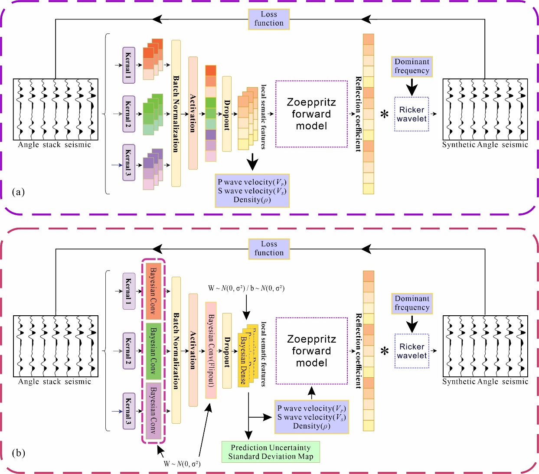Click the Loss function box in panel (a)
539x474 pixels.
pos(269,19)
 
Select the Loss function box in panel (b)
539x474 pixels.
pos(269,249)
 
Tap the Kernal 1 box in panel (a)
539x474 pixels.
pos(129,65)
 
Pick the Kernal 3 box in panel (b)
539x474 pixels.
pos(129,411)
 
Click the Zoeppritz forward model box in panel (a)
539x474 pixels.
pos(311,114)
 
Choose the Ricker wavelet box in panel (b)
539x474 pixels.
pos(412,351)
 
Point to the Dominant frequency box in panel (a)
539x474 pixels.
pos(412,66)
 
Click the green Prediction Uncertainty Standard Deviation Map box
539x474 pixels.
pos(271,452)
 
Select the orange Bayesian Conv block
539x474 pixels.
pos(154,291)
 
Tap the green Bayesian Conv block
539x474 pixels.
pos(154,351)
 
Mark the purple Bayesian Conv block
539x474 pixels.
pos(154,410)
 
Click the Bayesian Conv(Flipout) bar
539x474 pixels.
pos(211,350)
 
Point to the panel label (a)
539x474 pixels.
pos(19,192)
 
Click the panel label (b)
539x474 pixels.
pos(19,453)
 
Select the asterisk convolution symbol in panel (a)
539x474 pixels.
pos(384,115)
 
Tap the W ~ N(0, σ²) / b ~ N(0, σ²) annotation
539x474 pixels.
pos(246,288)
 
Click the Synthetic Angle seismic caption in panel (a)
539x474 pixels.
pos(485,145)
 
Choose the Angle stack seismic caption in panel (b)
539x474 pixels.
pos(55,382)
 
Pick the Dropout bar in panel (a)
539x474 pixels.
pos(227,114)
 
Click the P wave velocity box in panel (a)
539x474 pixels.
pos(252,191)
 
